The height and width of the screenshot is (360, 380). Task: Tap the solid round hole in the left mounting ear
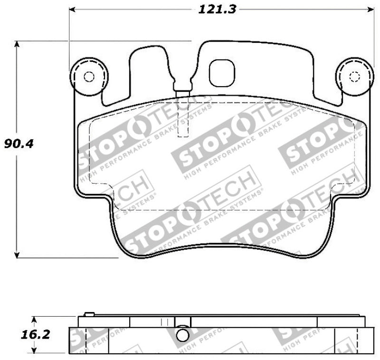88,77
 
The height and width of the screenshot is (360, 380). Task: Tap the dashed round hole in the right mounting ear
354,77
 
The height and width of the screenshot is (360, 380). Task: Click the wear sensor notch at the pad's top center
182,86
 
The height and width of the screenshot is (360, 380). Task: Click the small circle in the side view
182,336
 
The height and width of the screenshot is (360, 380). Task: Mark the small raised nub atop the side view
88,314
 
